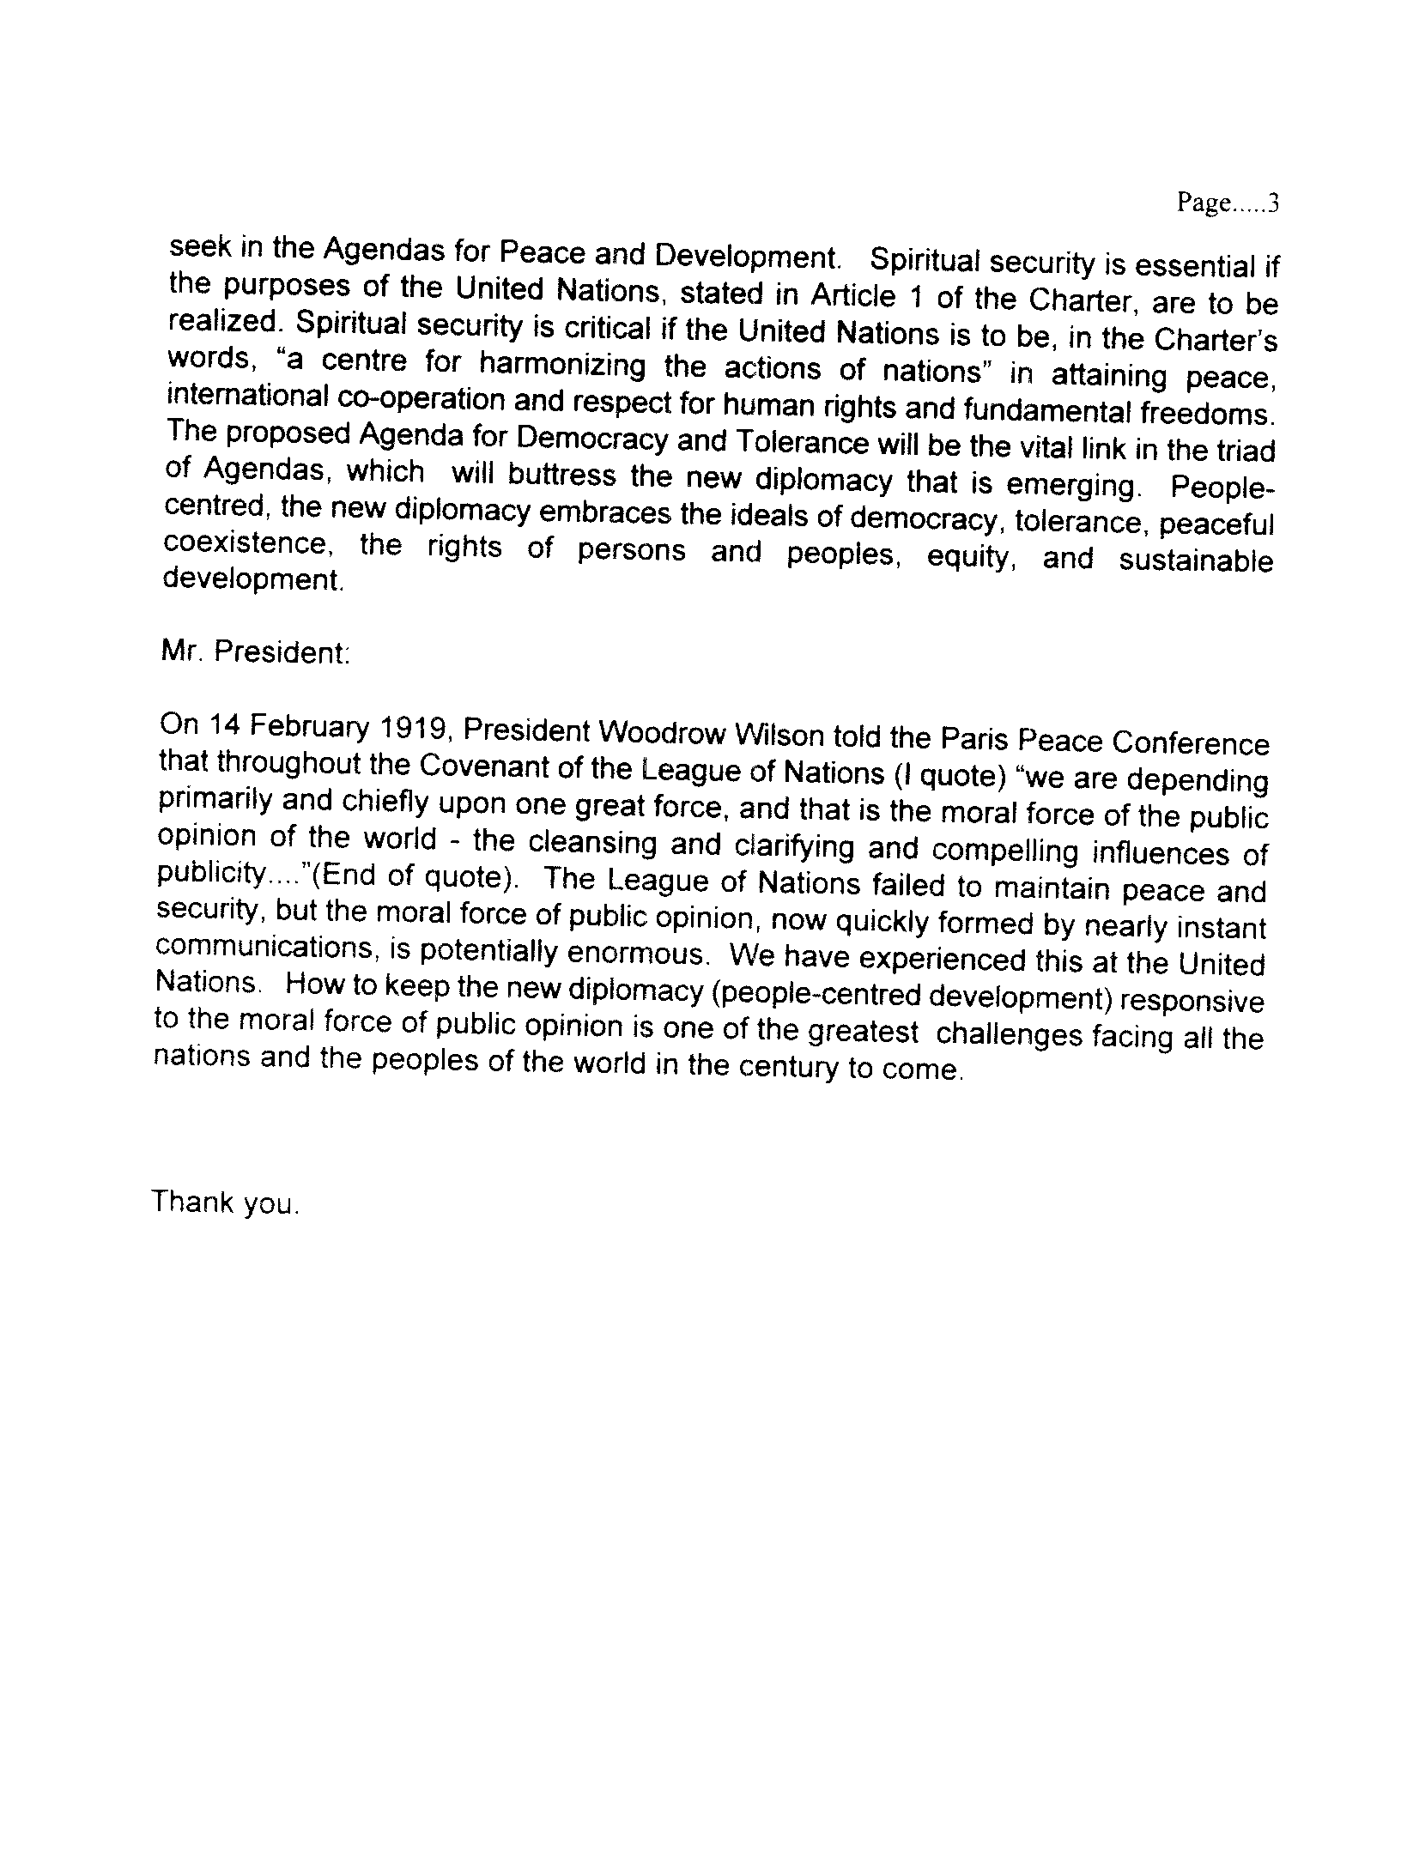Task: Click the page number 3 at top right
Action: [x=1274, y=203]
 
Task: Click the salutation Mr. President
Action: [x=255, y=652]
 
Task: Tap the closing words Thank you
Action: [x=225, y=1202]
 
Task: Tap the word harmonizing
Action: [x=563, y=366]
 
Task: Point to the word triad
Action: [x=1245, y=451]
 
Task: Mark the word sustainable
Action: [x=1196, y=560]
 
